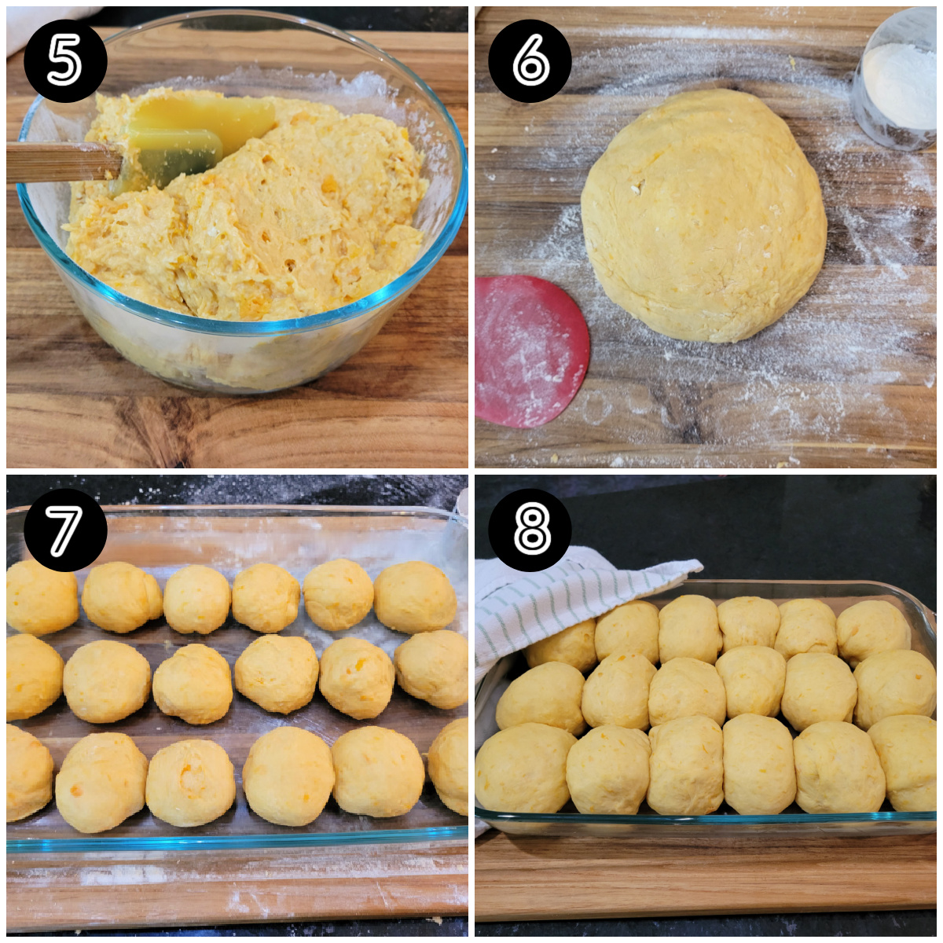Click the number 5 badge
coord(65,61)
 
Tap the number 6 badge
coord(530,61)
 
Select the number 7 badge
coord(65,530)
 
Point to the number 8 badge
coord(530,530)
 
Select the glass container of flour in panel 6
coord(897,83)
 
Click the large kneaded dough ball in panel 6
coord(703,216)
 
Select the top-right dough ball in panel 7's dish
coord(415,596)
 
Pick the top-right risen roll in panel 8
coord(872,629)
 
